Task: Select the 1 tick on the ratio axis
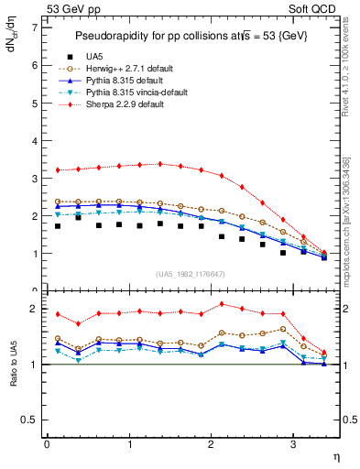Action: pyautogui.click(x=35, y=365)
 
